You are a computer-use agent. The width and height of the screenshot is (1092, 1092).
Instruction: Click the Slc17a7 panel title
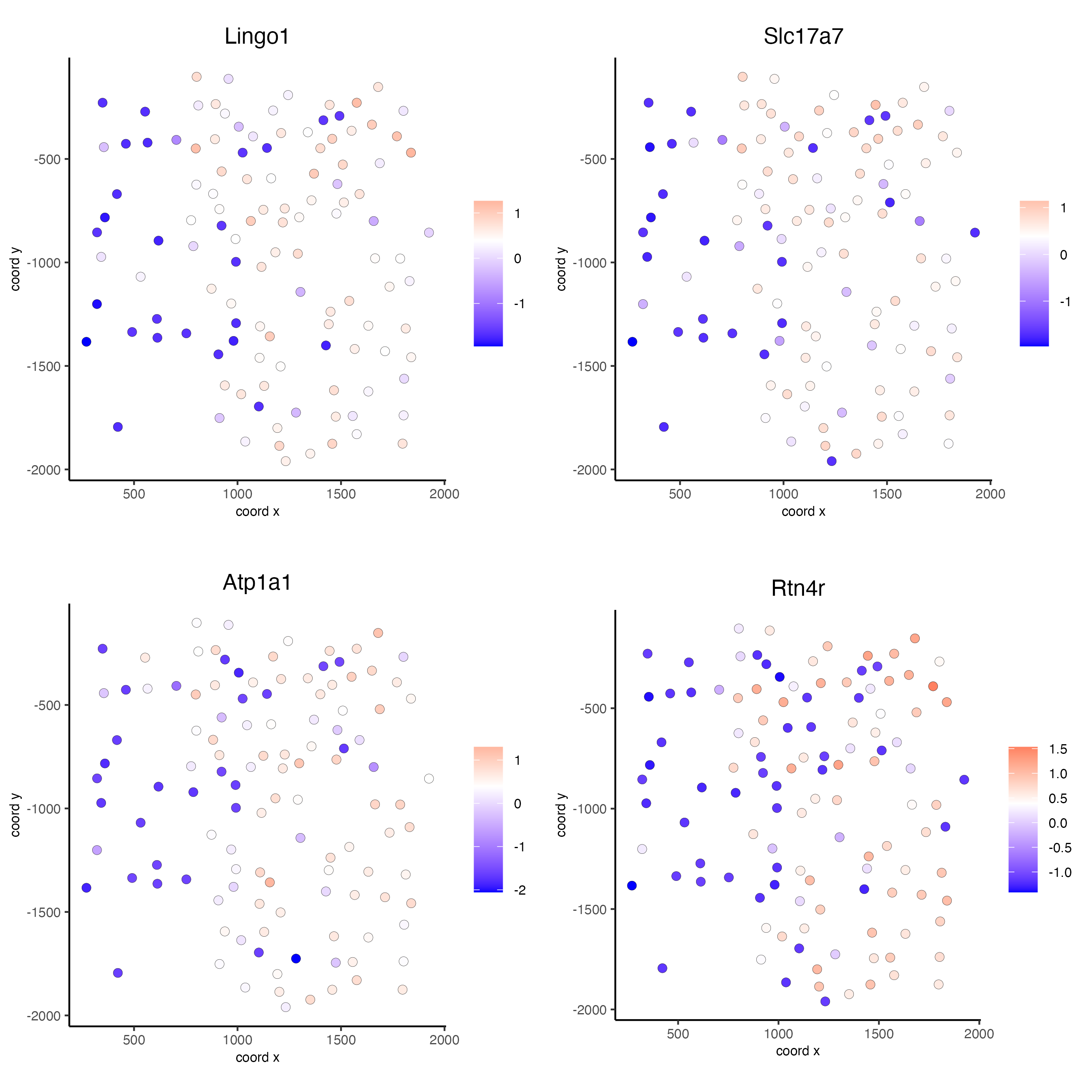coord(803,36)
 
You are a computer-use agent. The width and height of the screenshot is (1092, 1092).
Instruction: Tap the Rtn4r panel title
coord(798,588)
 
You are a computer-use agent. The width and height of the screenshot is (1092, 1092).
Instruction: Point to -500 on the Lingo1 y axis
coord(47,159)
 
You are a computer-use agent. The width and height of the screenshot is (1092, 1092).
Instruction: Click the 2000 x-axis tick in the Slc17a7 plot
coord(990,494)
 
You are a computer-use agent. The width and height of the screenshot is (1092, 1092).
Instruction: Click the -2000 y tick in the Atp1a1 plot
coord(44,1016)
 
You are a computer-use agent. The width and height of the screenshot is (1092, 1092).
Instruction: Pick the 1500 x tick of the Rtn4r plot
coord(879,1034)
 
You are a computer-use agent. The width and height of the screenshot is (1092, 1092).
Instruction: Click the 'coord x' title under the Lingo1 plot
coord(257,512)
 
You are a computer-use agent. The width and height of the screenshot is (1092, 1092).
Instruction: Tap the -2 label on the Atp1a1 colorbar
coord(519,890)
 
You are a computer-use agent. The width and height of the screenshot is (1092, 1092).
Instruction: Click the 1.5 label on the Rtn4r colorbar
coord(1058,749)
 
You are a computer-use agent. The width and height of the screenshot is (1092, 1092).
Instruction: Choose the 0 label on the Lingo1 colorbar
coord(517,259)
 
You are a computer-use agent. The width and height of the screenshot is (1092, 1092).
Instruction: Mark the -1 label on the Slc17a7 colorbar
coord(1065,302)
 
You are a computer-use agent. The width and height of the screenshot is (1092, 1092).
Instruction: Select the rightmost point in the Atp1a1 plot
coord(429,778)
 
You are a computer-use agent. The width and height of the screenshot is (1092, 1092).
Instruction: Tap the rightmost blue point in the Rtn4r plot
coord(964,779)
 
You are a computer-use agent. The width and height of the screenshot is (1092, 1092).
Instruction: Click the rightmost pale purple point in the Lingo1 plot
coord(429,232)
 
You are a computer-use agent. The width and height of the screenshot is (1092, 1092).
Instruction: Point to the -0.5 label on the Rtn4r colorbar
coord(1060,848)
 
